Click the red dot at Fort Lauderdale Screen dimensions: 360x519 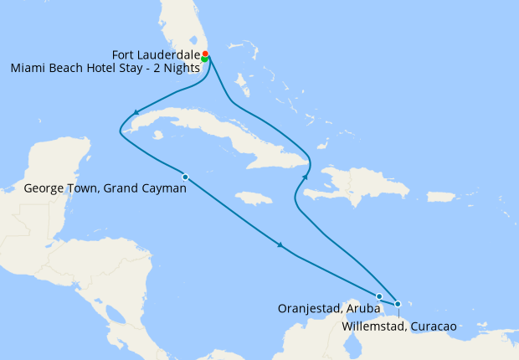pyautogui.click(x=205, y=54)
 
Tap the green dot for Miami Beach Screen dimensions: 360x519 pyautogui.click(x=204, y=59)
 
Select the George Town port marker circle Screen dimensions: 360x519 pyautogui.click(x=185, y=177)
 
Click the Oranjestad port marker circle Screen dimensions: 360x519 pyautogui.click(x=379, y=296)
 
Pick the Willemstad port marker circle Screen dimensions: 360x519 pyautogui.click(x=398, y=304)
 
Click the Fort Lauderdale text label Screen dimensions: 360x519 pyautogui.click(x=156, y=54)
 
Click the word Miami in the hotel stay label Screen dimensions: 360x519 pyautogui.click(x=28, y=69)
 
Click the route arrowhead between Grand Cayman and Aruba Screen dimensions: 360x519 pyautogui.click(x=280, y=245)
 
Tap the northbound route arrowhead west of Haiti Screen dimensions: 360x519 pyautogui.click(x=306, y=177)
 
